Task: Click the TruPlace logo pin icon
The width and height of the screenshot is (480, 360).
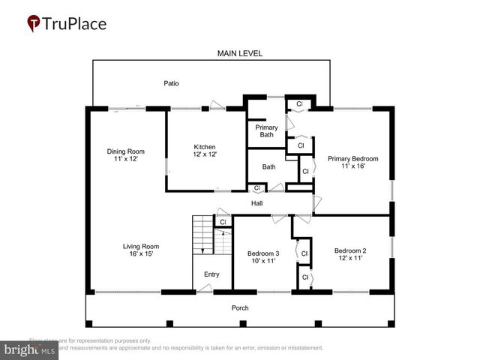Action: coord(34,24)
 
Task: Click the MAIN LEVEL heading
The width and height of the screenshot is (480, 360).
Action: coord(240,53)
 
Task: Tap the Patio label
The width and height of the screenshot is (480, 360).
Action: coord(172,83)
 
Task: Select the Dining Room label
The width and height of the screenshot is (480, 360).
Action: coord(124,151)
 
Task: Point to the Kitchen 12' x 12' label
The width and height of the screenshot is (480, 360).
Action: coord(205,151)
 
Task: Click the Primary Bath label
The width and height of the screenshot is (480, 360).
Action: coord(267,131)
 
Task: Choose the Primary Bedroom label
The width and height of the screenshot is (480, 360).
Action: coord(352,158)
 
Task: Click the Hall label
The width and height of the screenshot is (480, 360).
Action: coord(256,202)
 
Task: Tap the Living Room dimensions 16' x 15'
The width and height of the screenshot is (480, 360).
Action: coord(141,254)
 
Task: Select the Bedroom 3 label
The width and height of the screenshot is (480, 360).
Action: coord(263,253)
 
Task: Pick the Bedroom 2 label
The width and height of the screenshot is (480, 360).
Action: coord(349,250)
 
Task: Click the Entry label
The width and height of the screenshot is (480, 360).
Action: coord(211,274)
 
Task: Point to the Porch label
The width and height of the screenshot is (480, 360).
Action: coord(240,307)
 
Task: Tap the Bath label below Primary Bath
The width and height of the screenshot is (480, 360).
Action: coord(268,166)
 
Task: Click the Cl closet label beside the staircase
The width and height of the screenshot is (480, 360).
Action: coord(223,222)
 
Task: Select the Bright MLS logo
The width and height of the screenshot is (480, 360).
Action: coord(30,349)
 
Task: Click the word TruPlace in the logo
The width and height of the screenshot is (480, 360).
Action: coord(75,24)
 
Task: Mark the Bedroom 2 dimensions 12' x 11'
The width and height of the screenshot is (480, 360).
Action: coord(349,258)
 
